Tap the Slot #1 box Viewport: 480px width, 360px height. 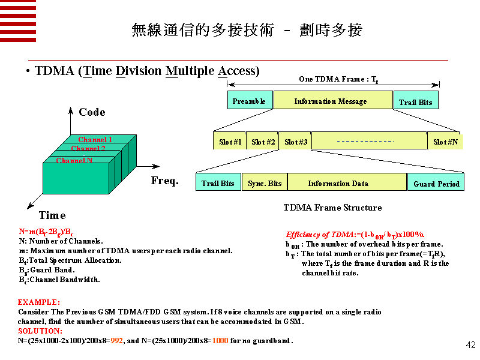click(229, 142)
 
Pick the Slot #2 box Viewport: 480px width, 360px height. click(262, 142)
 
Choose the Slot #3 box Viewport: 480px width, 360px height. click(295, 142)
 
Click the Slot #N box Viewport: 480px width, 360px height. click(445, 142)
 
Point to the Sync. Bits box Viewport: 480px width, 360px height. click(265, 183)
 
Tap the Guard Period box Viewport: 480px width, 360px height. click(436, 183)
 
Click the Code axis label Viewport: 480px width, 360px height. click(92, 112)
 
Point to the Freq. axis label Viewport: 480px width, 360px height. click(165, 181)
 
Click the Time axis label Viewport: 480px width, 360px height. click(52, 215)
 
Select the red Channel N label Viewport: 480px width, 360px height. click(74, 161)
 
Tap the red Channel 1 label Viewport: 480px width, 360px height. click(95, 140)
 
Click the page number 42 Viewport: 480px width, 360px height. click(470, 345)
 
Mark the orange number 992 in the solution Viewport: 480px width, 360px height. click(117, 341)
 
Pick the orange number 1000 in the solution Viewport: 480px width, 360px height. click(220, 341)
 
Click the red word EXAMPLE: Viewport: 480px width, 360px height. click(39, 302)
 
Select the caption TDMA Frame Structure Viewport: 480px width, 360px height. click(332, 208)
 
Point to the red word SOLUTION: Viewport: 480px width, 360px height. click(40, 331)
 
